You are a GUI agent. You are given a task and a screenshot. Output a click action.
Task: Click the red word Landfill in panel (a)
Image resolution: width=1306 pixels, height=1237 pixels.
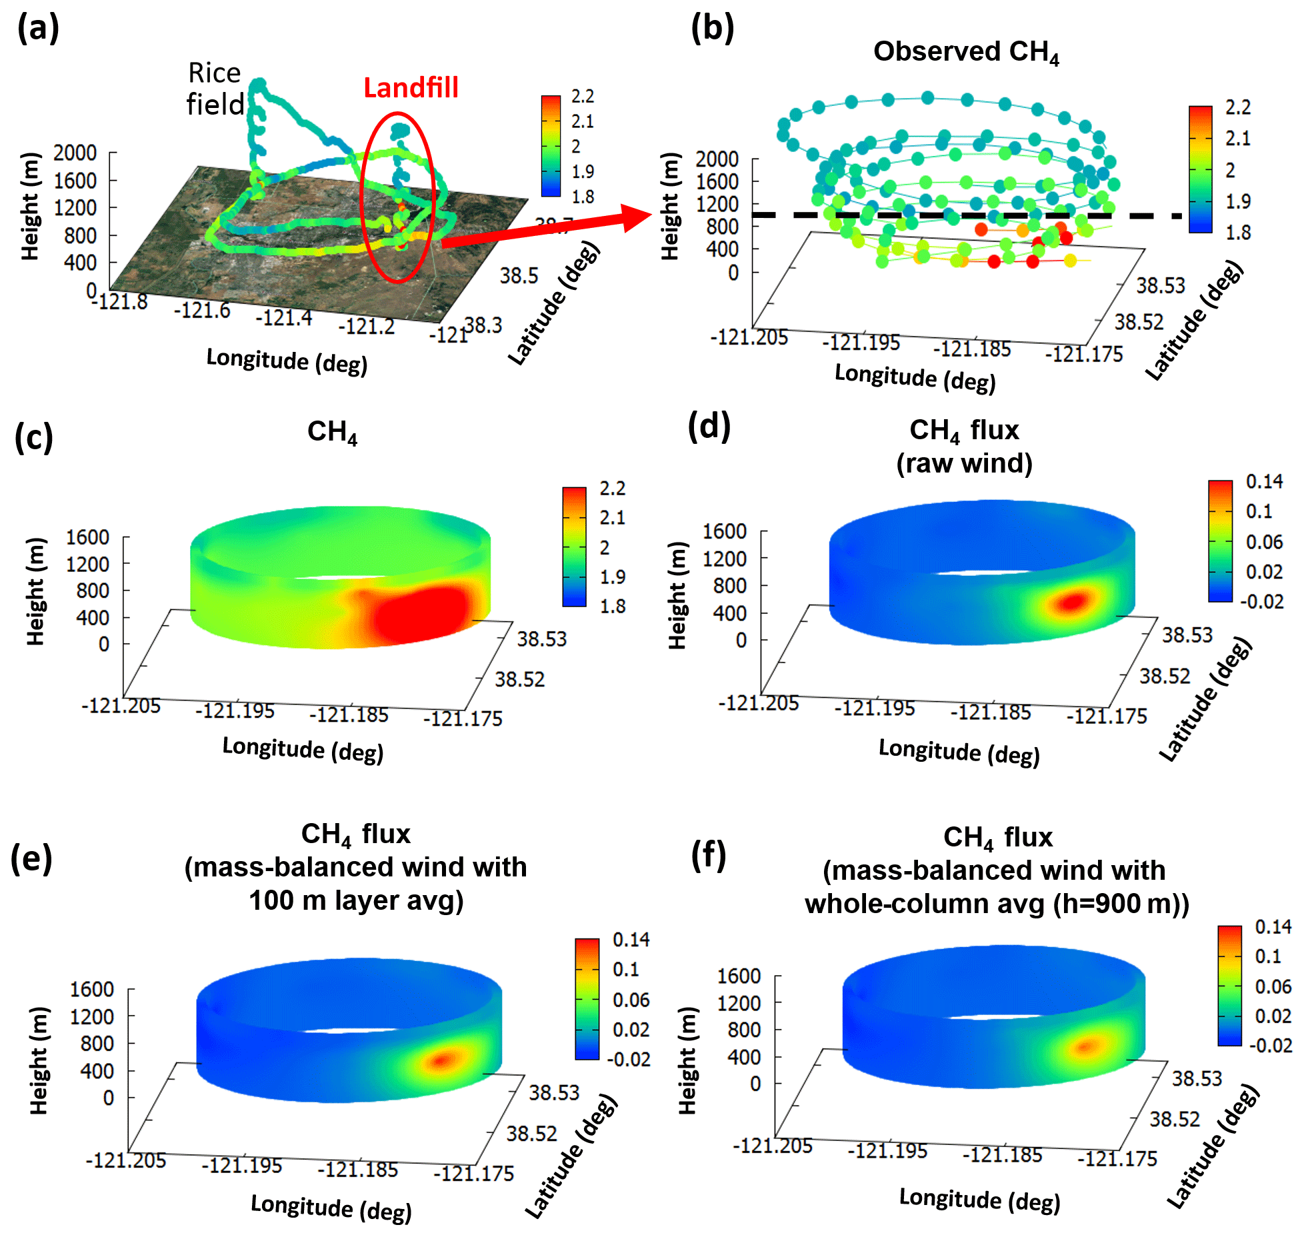pos(411,88)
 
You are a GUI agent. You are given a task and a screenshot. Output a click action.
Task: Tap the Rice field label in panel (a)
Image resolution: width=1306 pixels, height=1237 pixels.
pos(215,89)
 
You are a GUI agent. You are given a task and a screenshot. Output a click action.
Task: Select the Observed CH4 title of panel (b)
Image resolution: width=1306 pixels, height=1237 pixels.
pos(966,52)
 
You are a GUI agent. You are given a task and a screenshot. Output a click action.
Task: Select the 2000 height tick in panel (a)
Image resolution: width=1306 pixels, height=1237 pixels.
pos(75,153)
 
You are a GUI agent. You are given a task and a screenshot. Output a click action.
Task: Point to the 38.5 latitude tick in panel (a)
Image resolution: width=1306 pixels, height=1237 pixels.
pos(519,275)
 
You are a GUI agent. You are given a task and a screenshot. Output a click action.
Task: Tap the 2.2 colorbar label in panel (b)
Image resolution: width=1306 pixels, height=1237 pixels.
pos(1237,107)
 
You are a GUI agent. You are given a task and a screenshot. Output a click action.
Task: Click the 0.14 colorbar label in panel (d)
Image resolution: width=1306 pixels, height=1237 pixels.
pos(1264,481)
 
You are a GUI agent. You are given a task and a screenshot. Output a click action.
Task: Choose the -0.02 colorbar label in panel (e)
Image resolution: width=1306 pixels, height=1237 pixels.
pos(628,1059)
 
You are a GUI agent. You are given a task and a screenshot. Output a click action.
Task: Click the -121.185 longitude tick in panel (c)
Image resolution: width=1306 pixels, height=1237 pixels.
pos(349,715)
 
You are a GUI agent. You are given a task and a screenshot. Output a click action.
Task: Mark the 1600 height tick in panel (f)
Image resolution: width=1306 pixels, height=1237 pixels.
pos(739,976)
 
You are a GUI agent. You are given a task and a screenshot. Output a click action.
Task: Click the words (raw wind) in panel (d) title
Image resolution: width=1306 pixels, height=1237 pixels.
pos(964,463)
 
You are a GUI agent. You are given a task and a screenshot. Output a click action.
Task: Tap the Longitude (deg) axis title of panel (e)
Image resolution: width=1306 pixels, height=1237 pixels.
pos(331,1207)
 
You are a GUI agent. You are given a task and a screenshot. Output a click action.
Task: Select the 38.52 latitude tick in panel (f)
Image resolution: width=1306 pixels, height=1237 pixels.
pos(1174,1118)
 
